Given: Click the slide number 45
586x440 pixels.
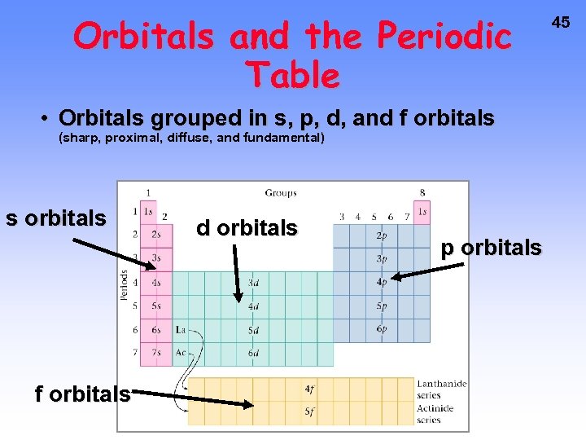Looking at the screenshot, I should pos(561,23).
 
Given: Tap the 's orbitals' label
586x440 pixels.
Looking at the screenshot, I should pos(55,218).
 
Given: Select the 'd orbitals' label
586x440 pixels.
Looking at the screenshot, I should pos(247,228).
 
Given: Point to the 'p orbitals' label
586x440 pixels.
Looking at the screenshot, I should pos(491,248).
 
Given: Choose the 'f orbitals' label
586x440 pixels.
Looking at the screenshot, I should pos(82,394).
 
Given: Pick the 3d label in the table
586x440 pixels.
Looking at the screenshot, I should pos(253,283).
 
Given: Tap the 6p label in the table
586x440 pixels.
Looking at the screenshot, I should pos(382,329).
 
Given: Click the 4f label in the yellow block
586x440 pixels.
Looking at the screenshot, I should pos(310,389).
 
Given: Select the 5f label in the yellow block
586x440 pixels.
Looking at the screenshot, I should pos(310,412).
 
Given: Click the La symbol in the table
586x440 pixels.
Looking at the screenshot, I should pos(181,330).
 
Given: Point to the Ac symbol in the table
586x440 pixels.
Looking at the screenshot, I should pos(181,353).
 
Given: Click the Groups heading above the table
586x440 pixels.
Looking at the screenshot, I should pos(280,193).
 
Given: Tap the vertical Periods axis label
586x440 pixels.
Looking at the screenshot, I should pos(125,285).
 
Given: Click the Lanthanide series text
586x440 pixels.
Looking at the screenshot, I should pos(441,389).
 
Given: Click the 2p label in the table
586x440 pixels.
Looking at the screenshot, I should pos(382,235).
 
